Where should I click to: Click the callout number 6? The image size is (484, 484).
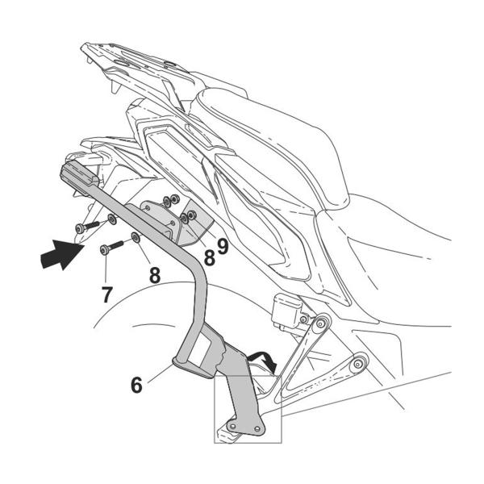point(136,385)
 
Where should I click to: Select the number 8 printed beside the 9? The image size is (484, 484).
point(207,257)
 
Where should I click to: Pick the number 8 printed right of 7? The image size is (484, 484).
point(153,274)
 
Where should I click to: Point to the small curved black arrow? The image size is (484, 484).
point(264,357)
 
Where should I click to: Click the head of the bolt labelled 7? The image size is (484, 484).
point(106,251)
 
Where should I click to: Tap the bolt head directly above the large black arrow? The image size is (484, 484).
point(79,229)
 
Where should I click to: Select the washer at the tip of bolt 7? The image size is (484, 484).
point(135,238)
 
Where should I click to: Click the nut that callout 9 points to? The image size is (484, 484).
point(192,215)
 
